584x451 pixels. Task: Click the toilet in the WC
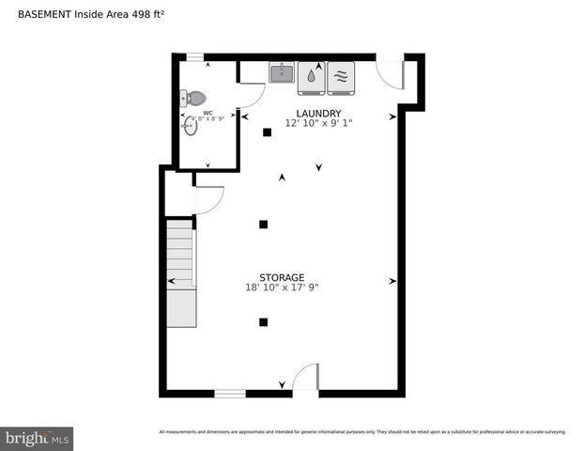point(193,97)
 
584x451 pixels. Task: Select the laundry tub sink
point(282,73)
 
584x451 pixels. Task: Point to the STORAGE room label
point(282,277)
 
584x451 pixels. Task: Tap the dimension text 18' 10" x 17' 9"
point(282,288)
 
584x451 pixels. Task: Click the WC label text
point(208,114)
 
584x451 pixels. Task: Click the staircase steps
point(180,254)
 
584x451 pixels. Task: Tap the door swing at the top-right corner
point(390,74)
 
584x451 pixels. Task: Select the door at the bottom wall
point(305,380)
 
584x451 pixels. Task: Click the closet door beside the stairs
point(208,200)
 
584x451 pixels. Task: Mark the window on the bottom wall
point(230,393)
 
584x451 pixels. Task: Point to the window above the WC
point(195,56)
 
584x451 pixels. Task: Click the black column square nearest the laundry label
point(268,132)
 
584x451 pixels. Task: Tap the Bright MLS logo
point(38,438)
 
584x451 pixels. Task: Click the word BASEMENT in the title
point(44,15)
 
